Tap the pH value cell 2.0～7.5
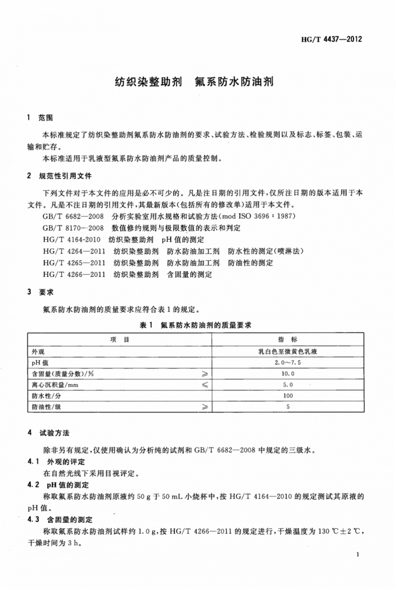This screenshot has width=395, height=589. click(x=288, y=363)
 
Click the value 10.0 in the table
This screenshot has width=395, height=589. click(x=288, y=374)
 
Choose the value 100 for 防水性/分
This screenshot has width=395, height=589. click(x=288, y=396)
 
